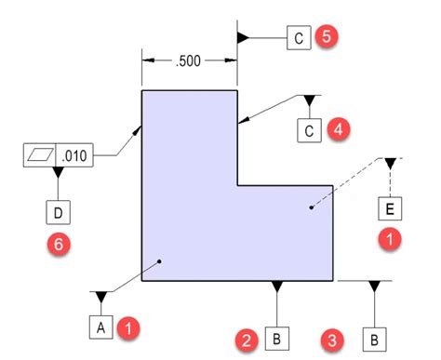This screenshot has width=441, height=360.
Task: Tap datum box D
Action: click(58, 213)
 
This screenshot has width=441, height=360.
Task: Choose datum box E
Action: click(391, 207)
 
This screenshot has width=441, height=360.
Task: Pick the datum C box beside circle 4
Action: click(310, 130)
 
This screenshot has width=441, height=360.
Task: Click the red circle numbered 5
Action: click(326, 37)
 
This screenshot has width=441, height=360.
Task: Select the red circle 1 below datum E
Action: click(391, 238)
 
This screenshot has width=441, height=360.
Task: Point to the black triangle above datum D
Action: click(58, 172)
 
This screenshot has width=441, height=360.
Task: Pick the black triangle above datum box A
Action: click(100, 297)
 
